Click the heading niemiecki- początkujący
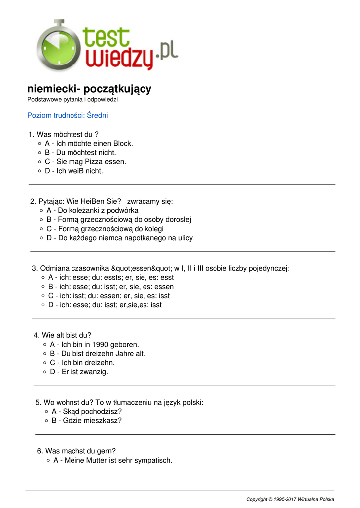(89, 89)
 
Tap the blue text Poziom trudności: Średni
(68, 115)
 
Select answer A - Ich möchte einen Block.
(89, 144)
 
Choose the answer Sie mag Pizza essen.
(85, 162)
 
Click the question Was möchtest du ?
(64, 134)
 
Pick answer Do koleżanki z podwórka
(92, 210)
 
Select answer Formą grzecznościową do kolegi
(105, 229)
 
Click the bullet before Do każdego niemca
(41, 238)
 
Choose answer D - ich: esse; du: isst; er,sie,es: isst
(105, 305)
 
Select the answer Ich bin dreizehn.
(82, 363)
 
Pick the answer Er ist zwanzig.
(79, 372)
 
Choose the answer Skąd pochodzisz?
(86, 412)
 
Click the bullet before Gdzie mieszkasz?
(46, 421)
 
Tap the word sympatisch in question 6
(153, 460)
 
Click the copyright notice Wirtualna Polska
(290, 499)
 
